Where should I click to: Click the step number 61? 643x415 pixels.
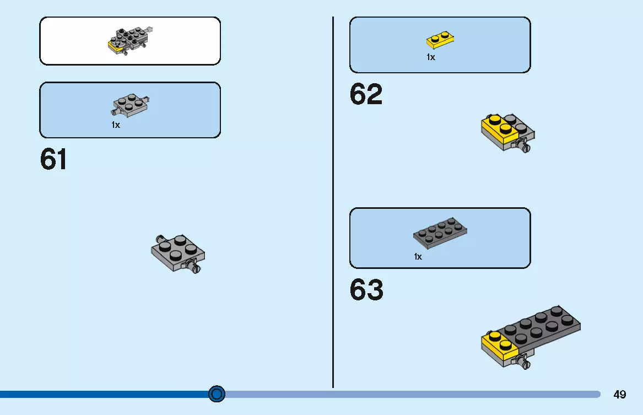(53, 159)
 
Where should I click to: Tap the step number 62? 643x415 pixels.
(366, 94)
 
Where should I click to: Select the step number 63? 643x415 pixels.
(366, 290)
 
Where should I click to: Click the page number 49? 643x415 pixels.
(620, 395)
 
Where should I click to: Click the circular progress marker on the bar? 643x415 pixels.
(217, 394)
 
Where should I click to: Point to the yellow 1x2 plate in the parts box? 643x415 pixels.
(440, 40)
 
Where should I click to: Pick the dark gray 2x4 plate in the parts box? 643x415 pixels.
(440, 233)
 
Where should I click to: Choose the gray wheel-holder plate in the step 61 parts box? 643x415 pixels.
(131, 105)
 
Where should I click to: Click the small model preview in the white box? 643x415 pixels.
(130, 41)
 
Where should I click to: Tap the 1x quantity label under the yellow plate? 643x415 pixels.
(430, 57)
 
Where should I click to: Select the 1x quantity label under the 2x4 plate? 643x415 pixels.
(418, 257)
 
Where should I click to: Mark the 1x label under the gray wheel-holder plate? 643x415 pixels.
(116, 125)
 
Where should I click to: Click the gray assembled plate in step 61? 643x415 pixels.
(178, 252)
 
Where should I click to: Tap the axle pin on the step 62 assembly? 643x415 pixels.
(523, 145)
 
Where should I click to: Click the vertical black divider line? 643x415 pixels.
(333, 202)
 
